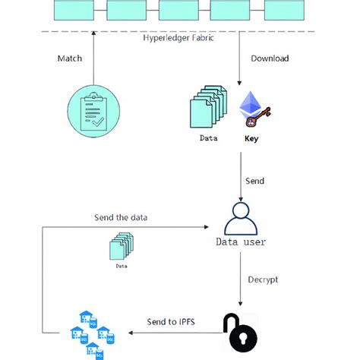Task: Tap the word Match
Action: click(x=70, y=58)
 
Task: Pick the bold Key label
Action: click(x=251, y=139)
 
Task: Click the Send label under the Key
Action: click(x=256, y=182)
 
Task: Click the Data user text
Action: click(x=242, y=242)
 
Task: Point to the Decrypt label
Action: click(x=263, y=279)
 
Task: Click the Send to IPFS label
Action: click(x=172, y=322)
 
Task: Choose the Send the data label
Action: click(x=121, y=217)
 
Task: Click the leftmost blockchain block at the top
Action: click(x=73, y=9)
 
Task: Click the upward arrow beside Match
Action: click(x=93, y=57)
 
